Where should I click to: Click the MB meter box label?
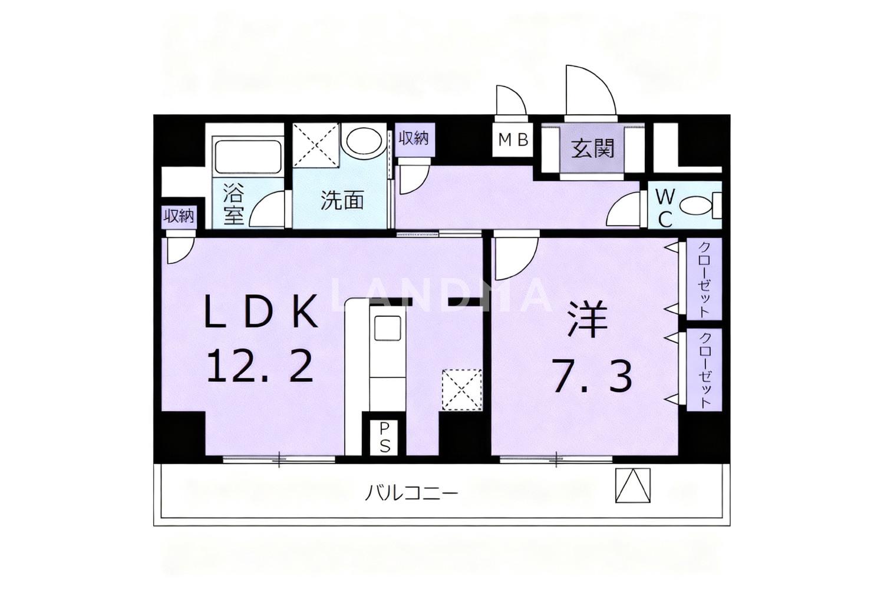pos(513,140)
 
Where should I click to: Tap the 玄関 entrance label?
pos(593,149)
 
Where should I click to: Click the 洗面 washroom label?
pos(342,200)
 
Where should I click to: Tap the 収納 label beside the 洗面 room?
pos(414,138)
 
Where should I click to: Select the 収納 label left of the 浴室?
pos(179,216)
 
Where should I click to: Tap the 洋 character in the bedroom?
pos(587,320)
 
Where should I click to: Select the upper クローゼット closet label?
pos(704,279)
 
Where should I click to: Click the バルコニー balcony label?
pos(411,494)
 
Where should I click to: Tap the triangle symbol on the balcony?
pos(632,485)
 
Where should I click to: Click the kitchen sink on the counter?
pos(388,329)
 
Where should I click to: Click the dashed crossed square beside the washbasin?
pos(316,145)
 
